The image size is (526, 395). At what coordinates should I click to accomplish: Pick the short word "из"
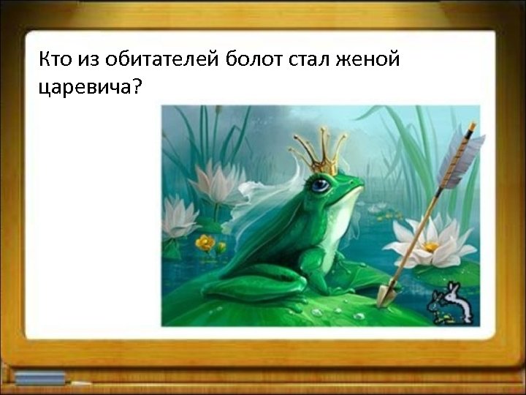click(86, 59)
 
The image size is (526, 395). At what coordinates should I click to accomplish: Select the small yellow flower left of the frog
click(206, 242)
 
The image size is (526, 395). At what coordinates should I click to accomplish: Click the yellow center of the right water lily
click(430, 247)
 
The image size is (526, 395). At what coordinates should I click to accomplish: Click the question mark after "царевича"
click(139, 87)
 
